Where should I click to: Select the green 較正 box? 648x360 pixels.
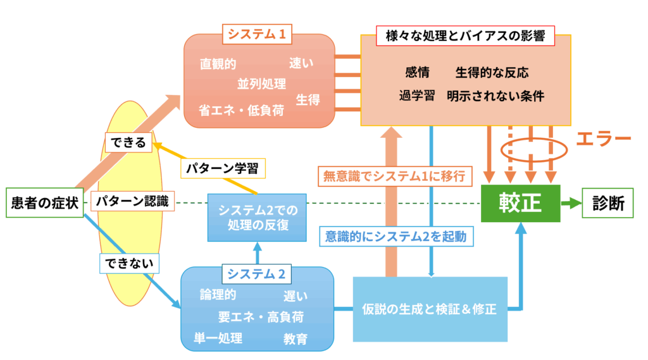pyautogui.click(x=520, y=204)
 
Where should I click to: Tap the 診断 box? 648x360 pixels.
pyautogui.click(x=608, y=203)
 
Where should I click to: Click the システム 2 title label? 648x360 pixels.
pyautogui.click(x=256, y=274)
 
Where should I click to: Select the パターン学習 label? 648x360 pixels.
pyautogui.click(x=223, y=169)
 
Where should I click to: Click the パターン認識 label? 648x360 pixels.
pyautogui.click(x=132, y=202)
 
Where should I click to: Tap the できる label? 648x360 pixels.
pyautogui.click(x=126, y=143)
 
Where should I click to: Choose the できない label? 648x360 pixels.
pyautogui.click(x=130, y=261)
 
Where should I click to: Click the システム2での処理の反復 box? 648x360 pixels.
pyautogui.click(x=253, y=217)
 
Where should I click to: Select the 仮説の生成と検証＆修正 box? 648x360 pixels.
pyautogui.click(x=430, y=310)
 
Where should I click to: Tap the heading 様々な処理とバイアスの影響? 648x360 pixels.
pyautogui.click(x=465, y=36)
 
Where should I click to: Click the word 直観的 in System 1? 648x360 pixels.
pyautogui.click(x=218, y=64)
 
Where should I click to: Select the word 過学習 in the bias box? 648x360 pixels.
pyautogui.click(x=416, y=96)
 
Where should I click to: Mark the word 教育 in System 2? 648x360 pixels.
pyautogui.click(x=296, y=339)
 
